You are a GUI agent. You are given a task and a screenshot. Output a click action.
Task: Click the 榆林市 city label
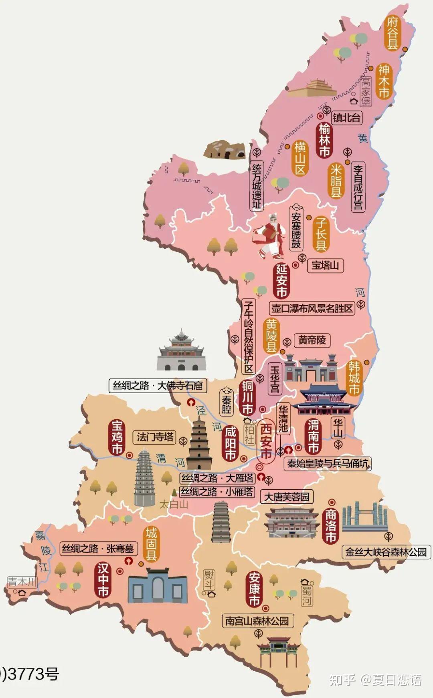click(324, 141)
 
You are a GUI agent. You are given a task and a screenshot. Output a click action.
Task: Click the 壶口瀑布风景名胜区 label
click(312, 308)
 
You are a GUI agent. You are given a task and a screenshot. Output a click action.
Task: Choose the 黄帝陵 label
click(312, 340)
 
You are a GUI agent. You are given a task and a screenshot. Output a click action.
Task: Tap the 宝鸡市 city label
click(117, 437)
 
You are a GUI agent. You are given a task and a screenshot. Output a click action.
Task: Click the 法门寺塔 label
click(155, 437)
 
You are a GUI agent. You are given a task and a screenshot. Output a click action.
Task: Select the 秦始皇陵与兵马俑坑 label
click(328, 464)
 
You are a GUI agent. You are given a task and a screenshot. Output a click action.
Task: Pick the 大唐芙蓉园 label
click(287, 497)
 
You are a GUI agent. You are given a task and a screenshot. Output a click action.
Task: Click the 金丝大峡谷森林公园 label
click(386, 552)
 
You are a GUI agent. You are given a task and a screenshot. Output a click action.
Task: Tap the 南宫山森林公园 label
click(257, 621)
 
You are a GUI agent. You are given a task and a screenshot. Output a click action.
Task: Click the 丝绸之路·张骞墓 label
click(98, 548)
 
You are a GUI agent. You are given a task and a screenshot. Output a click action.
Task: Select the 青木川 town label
click(22, 582)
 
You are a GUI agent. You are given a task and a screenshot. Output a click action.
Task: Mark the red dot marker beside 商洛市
click(332, 502)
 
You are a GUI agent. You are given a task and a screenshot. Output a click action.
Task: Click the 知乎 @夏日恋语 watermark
click(375, 680)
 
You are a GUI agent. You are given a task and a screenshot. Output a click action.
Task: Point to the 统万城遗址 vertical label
click(257, 186)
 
